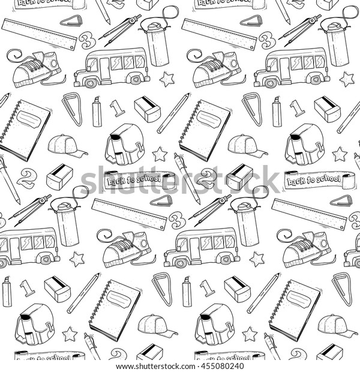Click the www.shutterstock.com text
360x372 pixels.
coord(158,366)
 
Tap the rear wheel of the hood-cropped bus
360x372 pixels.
coord(44,259)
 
